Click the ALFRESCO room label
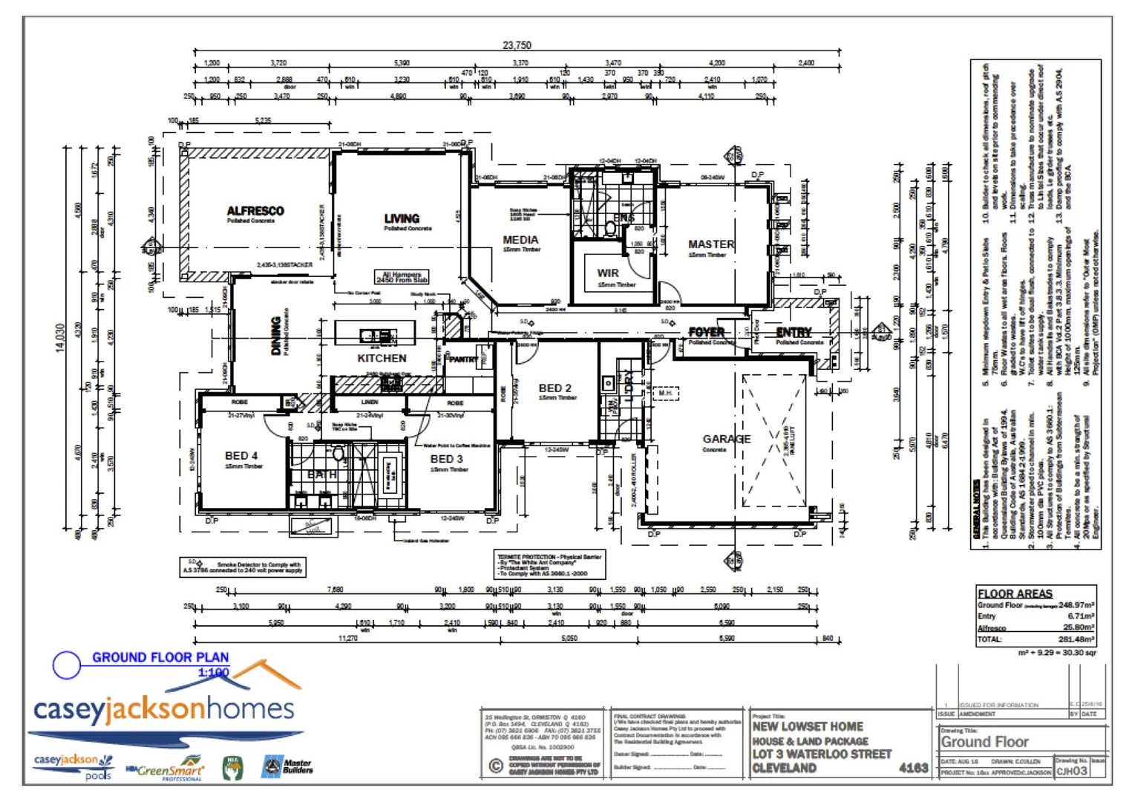coord(255,211)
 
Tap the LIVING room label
coord(402,218)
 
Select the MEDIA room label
coord(520,240)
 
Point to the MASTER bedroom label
coord(710,244)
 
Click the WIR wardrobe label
coord(608,273)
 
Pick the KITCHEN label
coord(382,358)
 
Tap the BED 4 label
coord(241,456)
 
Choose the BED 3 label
coord(447,459)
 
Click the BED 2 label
coord(555,388)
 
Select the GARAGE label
coord(726,439)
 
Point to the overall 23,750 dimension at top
coord(517,45)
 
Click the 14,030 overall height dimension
coord(60,338)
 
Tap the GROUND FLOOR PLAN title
coord(160,657)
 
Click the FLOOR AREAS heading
coord(1015,593)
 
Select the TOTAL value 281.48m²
coord(1076,639)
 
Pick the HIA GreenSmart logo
coord(165,769)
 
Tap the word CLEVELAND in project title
coord(784,768)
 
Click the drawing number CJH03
coord(1071,771)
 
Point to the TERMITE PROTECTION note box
coord(550,565)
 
